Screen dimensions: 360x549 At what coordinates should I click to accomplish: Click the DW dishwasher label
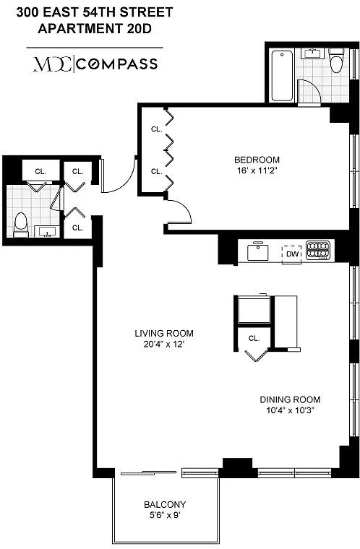coord(292,254)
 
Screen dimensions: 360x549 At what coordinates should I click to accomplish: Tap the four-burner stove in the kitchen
coord(318,251)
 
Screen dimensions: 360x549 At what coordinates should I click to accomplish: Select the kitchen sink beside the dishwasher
coord(258,251)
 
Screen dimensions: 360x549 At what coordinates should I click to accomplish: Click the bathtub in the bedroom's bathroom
coord(282,76)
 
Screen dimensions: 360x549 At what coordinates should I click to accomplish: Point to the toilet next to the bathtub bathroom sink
coord(336,60)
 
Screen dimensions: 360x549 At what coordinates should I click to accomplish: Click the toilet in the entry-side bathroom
coord(21,225)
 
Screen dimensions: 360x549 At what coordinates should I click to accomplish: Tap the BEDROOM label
coord(257,160)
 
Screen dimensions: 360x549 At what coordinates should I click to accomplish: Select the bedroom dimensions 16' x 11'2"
coord(257,170)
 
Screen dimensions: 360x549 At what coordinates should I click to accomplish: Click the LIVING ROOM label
coord(164,333)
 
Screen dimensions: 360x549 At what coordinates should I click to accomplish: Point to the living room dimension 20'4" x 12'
coord(163,344)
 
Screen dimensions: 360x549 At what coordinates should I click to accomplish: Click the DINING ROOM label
coord(290,399)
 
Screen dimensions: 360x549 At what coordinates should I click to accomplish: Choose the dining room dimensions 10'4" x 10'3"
coord(290,410)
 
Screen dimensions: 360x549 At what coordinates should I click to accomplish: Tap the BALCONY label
coord(165,504)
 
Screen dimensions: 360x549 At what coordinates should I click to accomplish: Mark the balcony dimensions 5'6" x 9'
coord(165,515)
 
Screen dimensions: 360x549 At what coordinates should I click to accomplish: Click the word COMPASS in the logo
coord(116,64)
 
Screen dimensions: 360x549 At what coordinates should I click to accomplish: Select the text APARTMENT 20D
coord(95,29)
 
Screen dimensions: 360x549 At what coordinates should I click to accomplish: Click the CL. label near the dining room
coord(254,339)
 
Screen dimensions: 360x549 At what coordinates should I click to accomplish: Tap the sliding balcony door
coord(148,473)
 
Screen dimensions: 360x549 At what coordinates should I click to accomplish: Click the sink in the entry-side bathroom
coord(47,231)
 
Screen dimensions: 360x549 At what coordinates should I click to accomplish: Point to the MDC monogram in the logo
coord(53,64)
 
